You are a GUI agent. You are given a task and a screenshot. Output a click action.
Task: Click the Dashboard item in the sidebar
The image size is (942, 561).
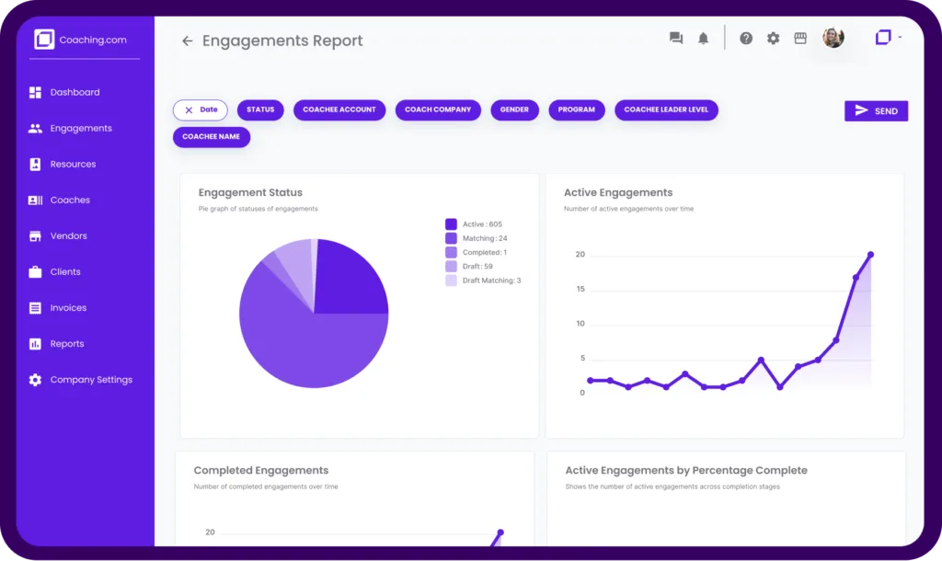74,93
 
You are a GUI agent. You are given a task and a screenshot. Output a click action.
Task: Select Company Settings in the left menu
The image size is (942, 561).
90,380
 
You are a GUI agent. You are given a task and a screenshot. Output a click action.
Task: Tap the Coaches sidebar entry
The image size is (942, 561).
69,200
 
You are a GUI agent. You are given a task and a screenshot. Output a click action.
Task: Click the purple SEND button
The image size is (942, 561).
876,111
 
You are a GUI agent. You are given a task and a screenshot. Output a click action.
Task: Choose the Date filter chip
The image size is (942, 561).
200,109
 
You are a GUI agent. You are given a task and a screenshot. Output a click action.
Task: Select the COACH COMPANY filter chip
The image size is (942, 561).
438,109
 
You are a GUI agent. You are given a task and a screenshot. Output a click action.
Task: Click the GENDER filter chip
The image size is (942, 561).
514,109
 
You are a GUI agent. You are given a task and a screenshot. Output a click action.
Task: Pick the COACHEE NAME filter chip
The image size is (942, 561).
212,137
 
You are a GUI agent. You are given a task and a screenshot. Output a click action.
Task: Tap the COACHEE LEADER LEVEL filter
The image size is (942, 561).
666,109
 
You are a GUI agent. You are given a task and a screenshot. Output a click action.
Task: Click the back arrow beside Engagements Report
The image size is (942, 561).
187,41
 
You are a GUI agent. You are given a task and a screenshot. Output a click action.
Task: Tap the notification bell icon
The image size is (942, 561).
704,39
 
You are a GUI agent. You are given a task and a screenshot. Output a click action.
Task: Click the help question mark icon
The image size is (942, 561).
746,39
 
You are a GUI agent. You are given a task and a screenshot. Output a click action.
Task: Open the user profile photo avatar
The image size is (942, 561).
833,38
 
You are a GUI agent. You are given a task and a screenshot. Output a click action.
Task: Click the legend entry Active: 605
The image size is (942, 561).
481,224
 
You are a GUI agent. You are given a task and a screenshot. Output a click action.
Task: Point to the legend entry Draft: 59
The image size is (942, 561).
477,267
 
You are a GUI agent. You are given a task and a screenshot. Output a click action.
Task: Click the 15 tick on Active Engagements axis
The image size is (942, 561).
580,290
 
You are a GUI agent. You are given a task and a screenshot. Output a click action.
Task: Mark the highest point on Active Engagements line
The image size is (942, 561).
870,255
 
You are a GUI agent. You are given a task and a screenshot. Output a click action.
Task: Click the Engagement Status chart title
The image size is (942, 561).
250,193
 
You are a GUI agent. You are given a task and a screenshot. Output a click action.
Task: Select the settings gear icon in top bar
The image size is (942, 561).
773,39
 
